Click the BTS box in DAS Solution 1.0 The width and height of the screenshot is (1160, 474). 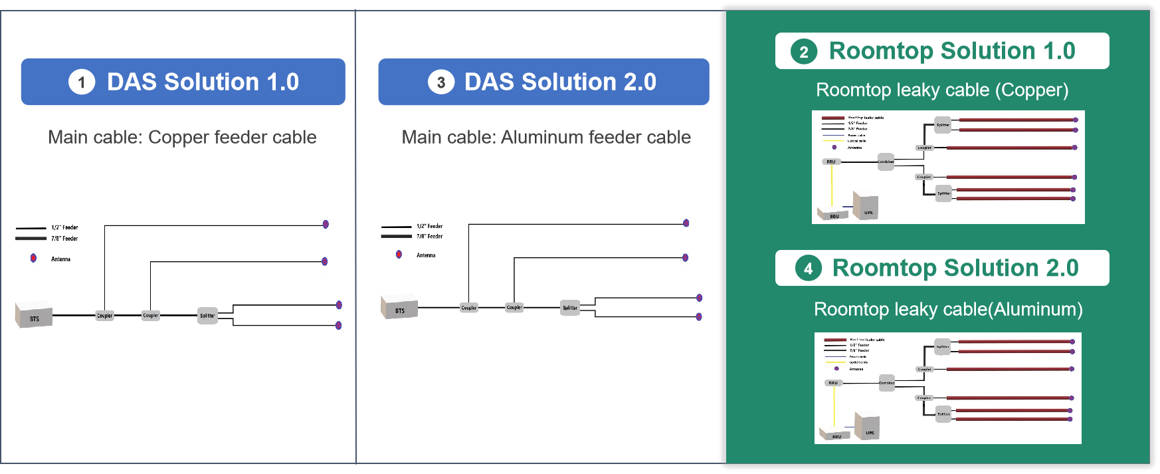[33, 315]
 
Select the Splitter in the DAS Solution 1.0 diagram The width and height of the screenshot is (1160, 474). [207, 316]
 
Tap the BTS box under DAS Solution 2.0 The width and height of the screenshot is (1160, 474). [399, 308]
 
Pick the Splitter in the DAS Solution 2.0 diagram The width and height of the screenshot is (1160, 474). [570, 308]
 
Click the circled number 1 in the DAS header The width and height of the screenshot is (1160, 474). [82, 82]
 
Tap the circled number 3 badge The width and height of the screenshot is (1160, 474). [440, 82]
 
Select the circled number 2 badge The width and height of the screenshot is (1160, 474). [803, 52]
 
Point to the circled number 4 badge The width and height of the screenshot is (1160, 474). [808, 269]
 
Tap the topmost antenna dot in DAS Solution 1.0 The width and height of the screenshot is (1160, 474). [326, 224]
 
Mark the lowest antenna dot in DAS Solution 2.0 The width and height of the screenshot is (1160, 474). [698, 316]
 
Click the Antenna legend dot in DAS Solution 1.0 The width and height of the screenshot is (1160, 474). [33, 258]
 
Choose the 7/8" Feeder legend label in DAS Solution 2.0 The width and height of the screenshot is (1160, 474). [431, 237]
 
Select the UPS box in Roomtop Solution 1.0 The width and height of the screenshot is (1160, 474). [866, 207]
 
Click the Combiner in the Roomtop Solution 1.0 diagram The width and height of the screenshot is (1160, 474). [886, 162]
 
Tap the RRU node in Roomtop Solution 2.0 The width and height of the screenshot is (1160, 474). [833, 383]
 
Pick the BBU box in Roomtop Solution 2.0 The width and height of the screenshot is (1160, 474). [834, 434]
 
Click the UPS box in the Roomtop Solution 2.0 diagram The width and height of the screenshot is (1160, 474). [868, 427]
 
